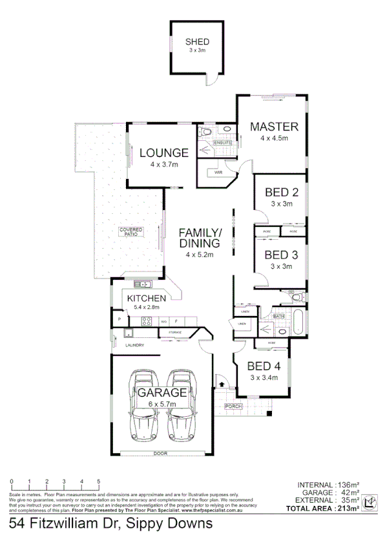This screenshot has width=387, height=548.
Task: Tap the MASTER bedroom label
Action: (x=274, y=126)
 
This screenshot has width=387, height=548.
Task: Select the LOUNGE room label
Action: (x=164, y=153)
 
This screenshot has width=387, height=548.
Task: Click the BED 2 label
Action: (x=281, y=192)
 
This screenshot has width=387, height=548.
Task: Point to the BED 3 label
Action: (x=281, y=254)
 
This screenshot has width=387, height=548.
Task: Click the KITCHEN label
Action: (x=147, y=298)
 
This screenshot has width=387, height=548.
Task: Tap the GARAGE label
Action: (x=161, y=392)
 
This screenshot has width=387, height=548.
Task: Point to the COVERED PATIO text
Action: (x=131, y=232)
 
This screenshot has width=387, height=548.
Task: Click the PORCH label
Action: (x=233, y=406)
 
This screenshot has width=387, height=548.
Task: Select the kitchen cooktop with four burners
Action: (x=147, y=321)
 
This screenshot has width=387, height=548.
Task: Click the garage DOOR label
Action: (x=161, y=454)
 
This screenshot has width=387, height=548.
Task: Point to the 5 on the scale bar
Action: (x=99, y=482)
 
